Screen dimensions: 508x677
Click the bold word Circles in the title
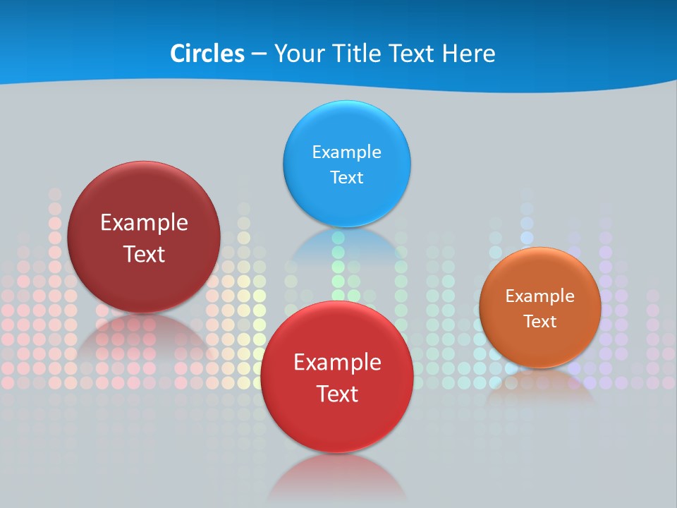207,54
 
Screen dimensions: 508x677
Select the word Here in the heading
469,54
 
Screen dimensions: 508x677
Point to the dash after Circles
259,54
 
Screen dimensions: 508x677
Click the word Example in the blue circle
346,152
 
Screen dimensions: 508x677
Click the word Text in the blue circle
346,177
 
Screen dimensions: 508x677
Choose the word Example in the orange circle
539,296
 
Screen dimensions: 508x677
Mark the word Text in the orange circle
539,321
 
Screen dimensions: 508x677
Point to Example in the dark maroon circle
144,223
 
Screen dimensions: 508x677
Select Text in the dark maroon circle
144,254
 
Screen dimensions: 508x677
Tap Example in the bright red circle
337,363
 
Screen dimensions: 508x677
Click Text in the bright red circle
337,394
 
